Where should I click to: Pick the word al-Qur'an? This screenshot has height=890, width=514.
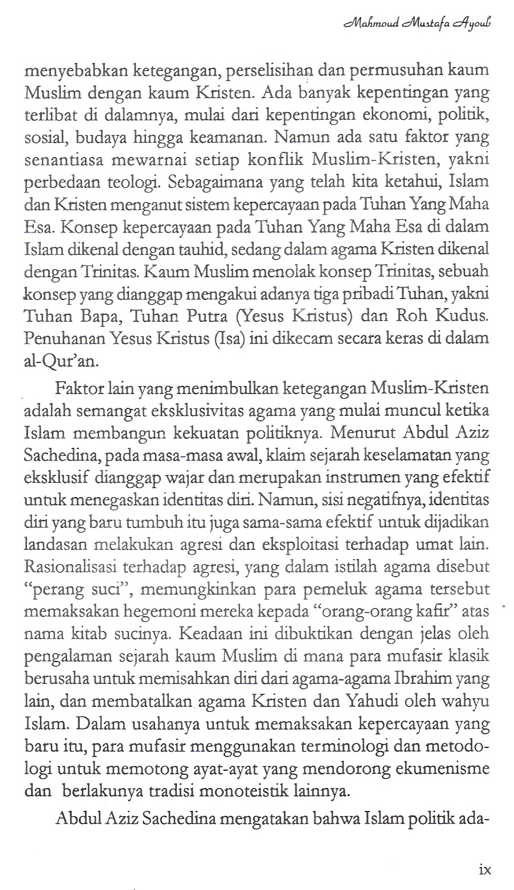point(58,360)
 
